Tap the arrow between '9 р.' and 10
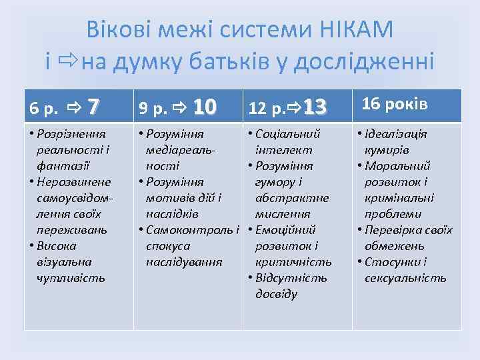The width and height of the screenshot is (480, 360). pyautogui.click(x=178, y=107)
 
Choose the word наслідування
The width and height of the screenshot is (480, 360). pyautogui.click(x=183, y=262)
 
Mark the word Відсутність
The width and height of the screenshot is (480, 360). pyautogui.click(x=291, y=278)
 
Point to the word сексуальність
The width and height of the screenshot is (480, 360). pyautogui.click(x=405, y=278)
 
